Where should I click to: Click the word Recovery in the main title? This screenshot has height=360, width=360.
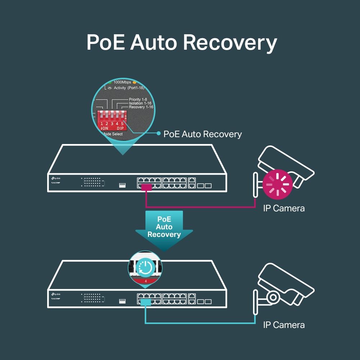click(230, 42)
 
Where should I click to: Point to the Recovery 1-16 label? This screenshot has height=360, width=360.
click(141, 107)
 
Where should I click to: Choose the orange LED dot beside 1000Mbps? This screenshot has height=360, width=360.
click(134, 82)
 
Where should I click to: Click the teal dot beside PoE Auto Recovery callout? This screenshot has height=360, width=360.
click(158, 134)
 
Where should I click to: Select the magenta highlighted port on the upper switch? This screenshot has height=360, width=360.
click(146, 187)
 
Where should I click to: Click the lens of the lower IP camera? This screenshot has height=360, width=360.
click(273, 297)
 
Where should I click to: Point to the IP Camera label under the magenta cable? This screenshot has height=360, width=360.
click(284, 208)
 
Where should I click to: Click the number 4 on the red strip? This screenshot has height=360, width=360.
click(145, 280)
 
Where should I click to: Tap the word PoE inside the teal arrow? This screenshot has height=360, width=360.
click(164, 219)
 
